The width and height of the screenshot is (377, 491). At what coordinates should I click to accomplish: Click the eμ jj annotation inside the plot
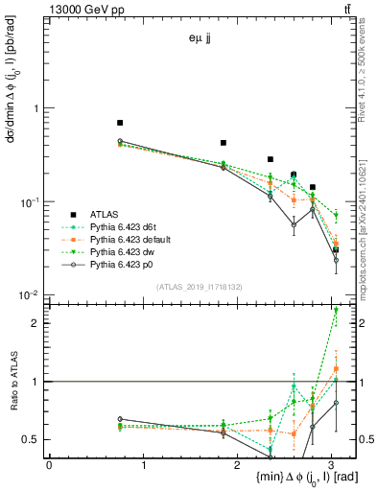point(200,39)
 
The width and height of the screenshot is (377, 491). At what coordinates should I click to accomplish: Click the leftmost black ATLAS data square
point(119,123)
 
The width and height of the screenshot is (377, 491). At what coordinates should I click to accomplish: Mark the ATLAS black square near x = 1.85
point(224,143)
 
